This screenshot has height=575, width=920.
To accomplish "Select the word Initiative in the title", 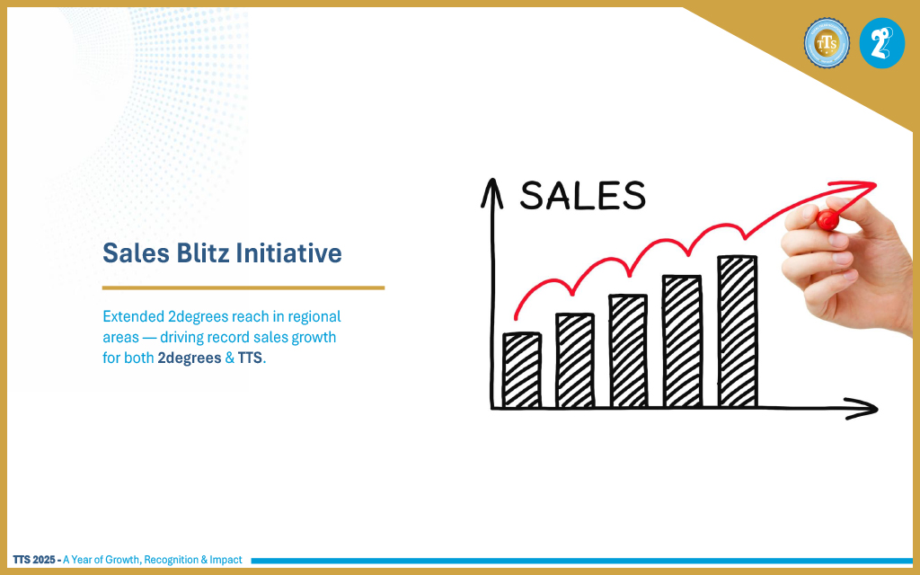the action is pos(288,253).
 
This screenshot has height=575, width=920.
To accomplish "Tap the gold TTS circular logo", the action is pos(827,43).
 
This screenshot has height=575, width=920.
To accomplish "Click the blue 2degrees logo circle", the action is pos(882,43).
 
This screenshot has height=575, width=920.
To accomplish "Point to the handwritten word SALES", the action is pos(582,195).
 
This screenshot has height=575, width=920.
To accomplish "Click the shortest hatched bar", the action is pos(522,369).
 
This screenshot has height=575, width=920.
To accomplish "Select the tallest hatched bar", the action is pos(738,332).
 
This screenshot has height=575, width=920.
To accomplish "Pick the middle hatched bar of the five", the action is pos(628,351).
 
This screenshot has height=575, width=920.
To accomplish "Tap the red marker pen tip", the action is pos(827,220).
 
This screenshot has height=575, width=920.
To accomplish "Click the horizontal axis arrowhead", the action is pos(862,409).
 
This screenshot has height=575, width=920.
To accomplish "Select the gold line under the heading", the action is pos(243,288).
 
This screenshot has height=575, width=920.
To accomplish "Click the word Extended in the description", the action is pos(133,317).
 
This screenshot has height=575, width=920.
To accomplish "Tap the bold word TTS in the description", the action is pos(250,358).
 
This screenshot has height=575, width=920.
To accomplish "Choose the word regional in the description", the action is pos(314,317).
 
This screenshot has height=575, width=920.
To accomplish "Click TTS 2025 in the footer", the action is pos(34,560).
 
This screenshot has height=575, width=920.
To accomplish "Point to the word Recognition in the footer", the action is pos(171,560).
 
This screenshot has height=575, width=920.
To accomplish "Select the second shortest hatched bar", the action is pos(575,360).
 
